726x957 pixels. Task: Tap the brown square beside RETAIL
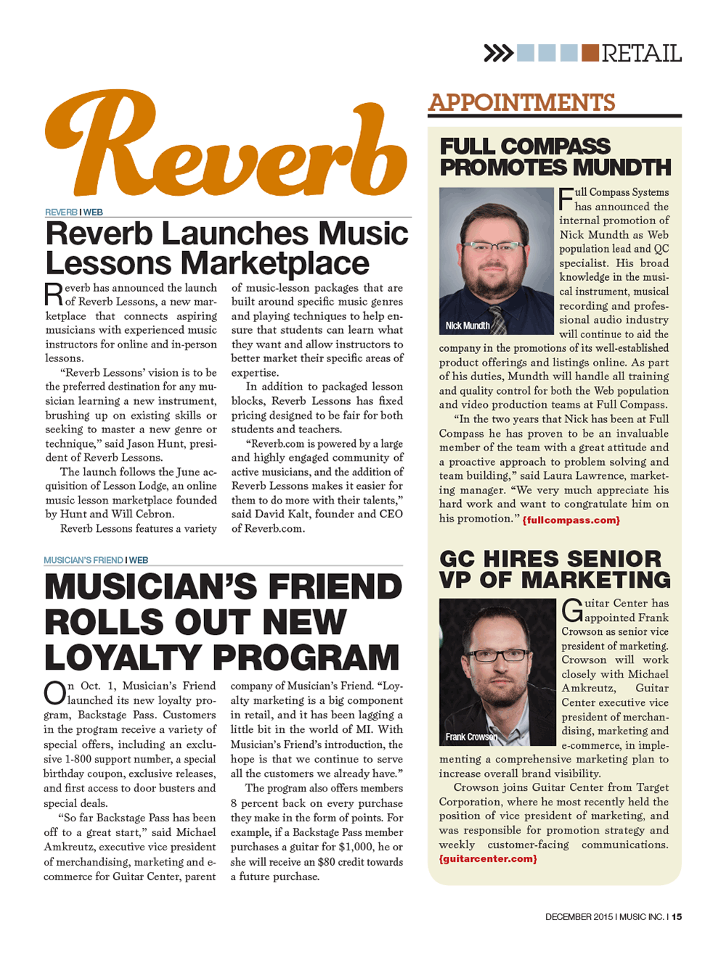click(590, 53)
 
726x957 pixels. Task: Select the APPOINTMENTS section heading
click(521, 103)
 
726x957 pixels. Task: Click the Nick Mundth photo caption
click(468, 326)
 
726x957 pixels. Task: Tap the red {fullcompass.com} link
click(571, 520)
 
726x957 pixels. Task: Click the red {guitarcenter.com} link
click(488, 859)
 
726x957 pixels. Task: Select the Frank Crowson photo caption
click(472, 737)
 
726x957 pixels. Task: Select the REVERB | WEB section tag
click(74, 212)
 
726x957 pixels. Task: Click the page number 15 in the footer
click(676, 917)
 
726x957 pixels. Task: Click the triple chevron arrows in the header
click(498, 53)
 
